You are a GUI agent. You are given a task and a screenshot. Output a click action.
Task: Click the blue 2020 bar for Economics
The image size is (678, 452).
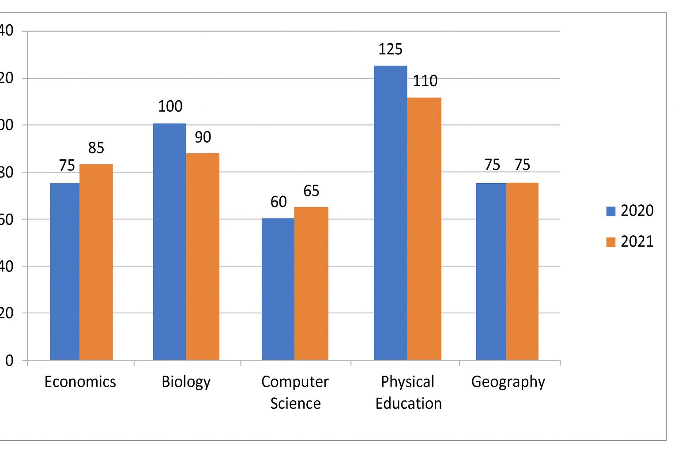[65, 271]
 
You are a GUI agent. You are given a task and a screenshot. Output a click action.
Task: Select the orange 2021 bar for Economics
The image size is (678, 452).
[96, 262]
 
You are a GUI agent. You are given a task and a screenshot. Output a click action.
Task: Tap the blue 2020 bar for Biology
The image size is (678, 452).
[169, 242]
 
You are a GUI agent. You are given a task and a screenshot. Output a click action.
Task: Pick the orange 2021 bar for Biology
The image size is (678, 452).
[203, 256]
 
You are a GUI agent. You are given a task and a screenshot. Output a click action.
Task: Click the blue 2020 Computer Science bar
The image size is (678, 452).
[278, 289]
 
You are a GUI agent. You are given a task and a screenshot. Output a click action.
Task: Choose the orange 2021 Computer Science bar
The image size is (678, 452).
[311, 283]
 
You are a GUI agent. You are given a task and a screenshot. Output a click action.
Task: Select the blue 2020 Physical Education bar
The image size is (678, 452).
[391, 213]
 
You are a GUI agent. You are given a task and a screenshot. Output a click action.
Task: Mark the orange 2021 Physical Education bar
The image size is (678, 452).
[424, 229]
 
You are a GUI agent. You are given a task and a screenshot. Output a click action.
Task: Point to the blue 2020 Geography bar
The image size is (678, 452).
[491, 271]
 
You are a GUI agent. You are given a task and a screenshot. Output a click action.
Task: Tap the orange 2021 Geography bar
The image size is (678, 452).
[523, 271]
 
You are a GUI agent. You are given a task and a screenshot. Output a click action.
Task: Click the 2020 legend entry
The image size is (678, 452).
[630, 211]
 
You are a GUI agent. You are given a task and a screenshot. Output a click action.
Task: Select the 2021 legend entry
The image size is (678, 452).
[630, 241]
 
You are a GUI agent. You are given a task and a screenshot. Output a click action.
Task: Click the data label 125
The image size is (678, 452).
[391, 49]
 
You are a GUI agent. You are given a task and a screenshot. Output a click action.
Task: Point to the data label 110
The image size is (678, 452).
[425, 81]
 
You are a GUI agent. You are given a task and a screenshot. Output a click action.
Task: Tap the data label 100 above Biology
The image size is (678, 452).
[170, 106]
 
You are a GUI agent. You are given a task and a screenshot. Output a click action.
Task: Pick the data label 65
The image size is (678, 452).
[311, 191]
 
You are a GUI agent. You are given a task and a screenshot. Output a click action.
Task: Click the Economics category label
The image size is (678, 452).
[80, 382]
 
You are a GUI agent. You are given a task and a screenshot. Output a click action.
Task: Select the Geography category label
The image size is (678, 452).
[508, 382]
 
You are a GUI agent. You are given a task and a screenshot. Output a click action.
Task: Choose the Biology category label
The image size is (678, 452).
[186, 382]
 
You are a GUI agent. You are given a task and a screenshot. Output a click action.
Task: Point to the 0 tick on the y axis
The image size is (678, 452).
[9, 361]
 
